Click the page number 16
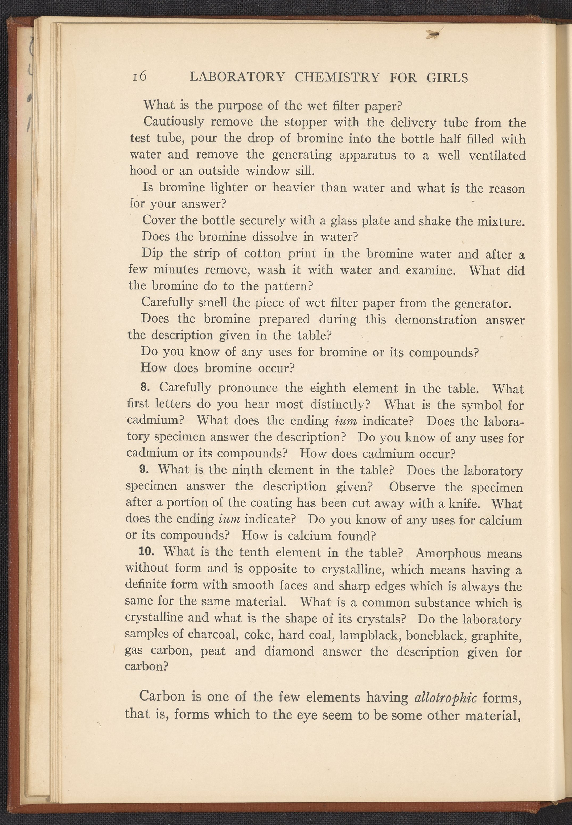click(x=139, y=76)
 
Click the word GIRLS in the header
click(x=447, y=78)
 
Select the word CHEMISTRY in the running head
click(x=337, y=77)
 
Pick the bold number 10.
click(x=146, y=551)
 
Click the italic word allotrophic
click(x=445, y=698)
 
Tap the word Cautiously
click(x=174, y=122)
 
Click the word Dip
click(x=152, y=253)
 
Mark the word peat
click(x=213, y=651)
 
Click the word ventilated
click(x=497, y=155)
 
